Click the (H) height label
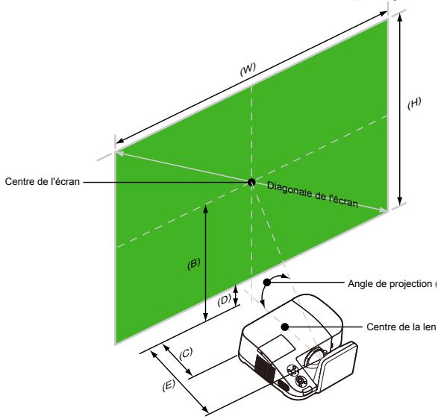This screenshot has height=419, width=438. pos(414,103)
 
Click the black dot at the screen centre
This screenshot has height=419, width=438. pos(251,181)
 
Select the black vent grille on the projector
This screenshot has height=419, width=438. pos(261,365)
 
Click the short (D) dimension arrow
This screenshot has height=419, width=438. pos(237,295)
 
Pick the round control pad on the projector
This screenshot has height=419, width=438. pos(302,379)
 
